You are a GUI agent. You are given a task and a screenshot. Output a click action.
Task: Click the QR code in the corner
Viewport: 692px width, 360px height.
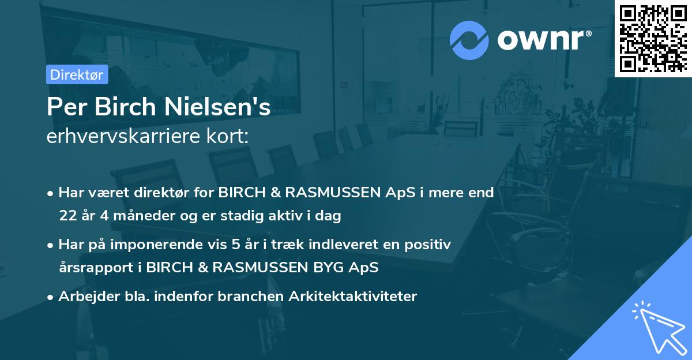tap(653, 38)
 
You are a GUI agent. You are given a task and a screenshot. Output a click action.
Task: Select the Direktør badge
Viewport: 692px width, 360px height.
tap(77, 75)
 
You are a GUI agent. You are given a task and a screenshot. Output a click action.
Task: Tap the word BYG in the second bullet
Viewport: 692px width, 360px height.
tap(352, 268)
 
